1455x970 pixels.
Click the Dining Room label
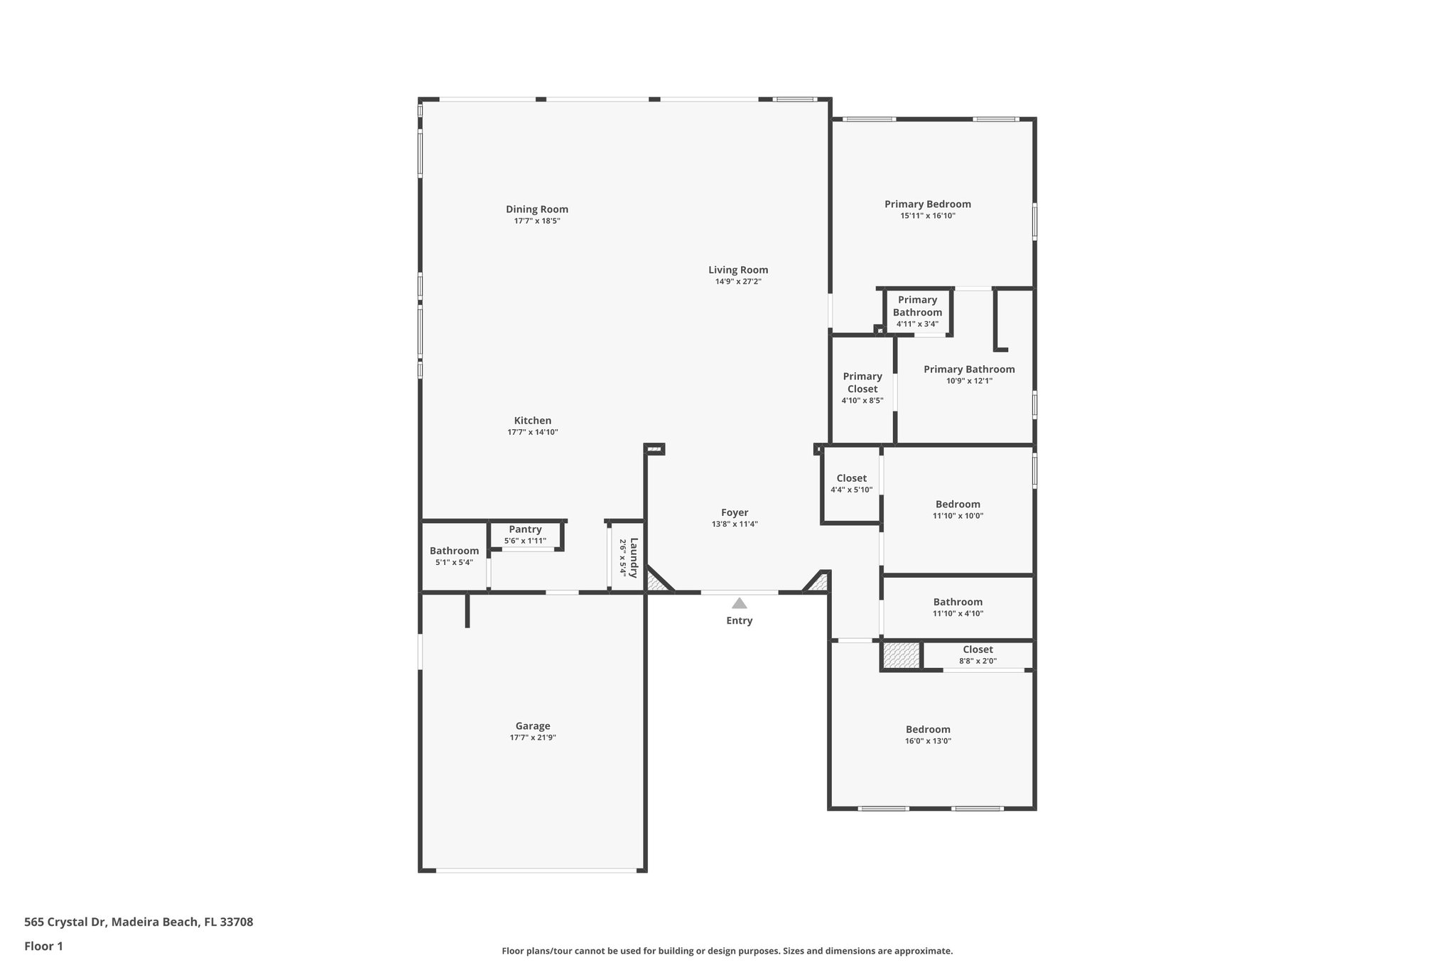click(x=536, y=209)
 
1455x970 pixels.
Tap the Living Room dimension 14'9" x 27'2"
click(x=738, y=281)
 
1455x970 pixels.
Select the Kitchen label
click(x=532, y=421)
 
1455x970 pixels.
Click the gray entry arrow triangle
click(x=739, y=603)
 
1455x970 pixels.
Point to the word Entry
click(x=739, y=620)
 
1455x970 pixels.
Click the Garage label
click(x=532, y=726)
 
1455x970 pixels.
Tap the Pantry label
click(x=525, y=529)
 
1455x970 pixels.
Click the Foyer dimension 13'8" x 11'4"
click(x=735, y=524)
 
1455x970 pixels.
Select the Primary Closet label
click(x=862, y=382)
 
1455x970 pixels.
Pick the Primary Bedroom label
click(x=927, y=204)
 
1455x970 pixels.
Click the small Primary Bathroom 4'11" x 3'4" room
click(x=917, y=311)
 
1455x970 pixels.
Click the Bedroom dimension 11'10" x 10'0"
click(x=958, y=516)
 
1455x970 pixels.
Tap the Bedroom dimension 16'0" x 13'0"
click(x=928, y=740)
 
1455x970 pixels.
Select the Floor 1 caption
click(x=43, y=946)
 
